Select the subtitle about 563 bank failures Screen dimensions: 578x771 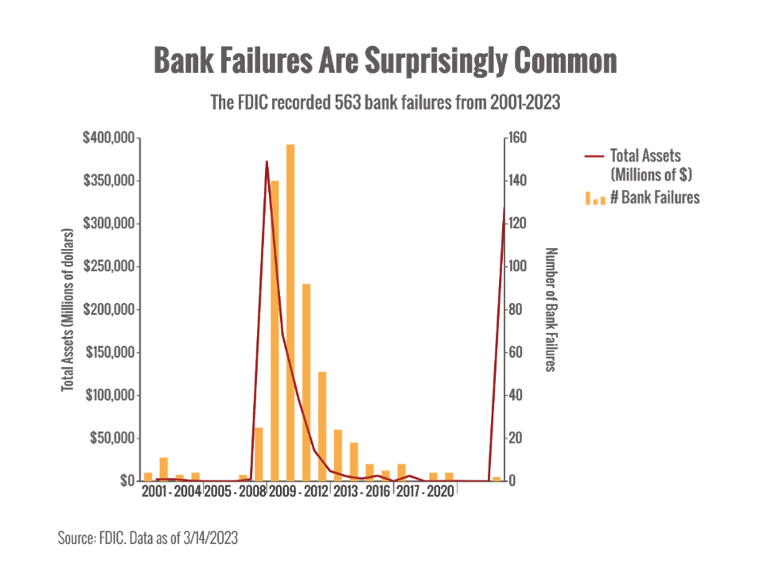click(385, 103)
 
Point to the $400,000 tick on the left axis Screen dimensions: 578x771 click(109, 138)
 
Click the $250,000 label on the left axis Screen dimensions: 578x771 click(109, 267)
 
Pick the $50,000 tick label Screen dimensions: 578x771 click(112, 438)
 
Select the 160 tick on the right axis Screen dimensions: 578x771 click(518, 138)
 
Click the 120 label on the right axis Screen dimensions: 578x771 click(518, 224)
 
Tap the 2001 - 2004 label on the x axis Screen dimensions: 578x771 click(171, 491)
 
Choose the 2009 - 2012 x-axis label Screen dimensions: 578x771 click(298, 491)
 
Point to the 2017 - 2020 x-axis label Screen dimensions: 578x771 click(425, 491)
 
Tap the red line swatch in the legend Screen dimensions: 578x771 click(594, 156)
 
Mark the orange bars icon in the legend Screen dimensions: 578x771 click(595, 199)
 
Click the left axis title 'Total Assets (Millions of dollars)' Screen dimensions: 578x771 click(68, 310)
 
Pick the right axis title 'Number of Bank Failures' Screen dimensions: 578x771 click(549, 310)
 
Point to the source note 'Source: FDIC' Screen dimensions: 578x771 click(148, 538)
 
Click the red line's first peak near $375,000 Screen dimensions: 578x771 click(267, 161)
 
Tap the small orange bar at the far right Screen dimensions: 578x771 click(496, 478)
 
